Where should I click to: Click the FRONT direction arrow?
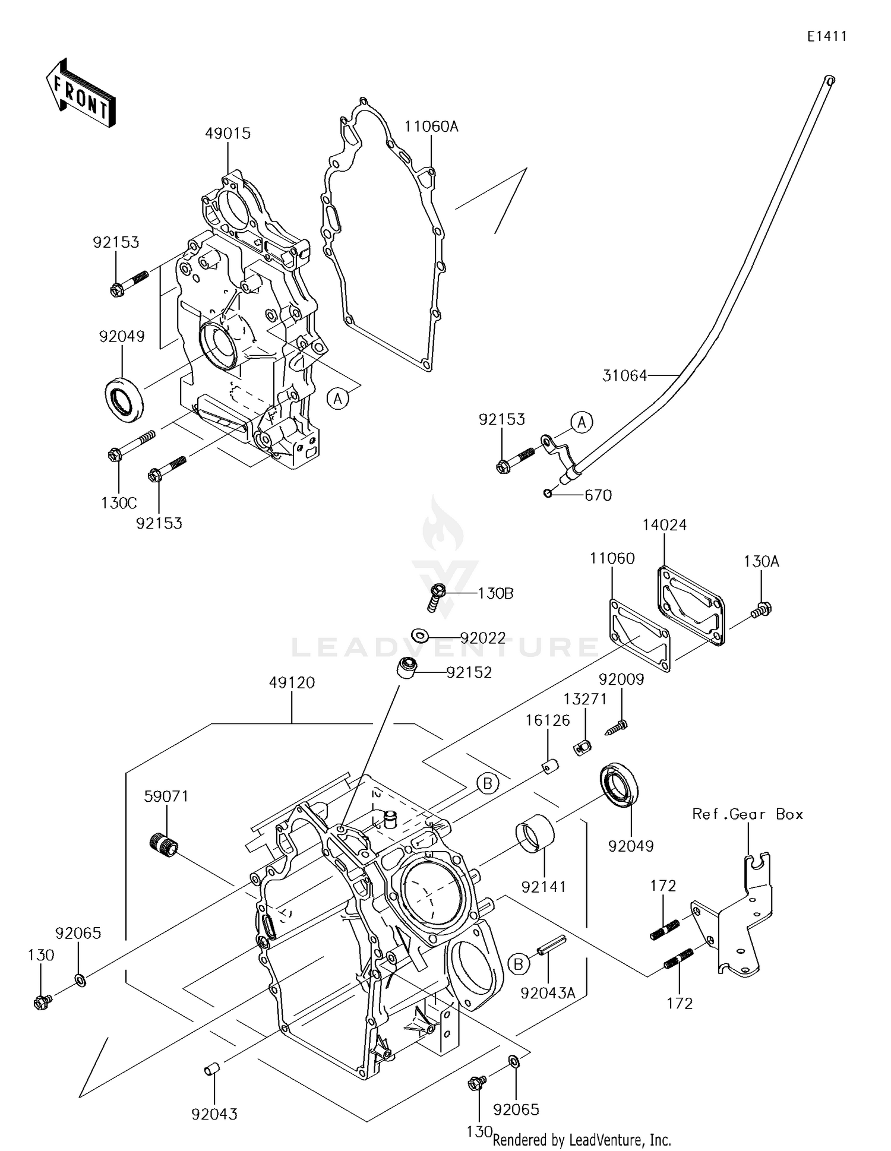point(80,93)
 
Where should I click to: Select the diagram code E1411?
point(826,37)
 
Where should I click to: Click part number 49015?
point(228,134)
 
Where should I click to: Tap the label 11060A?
point(432,127)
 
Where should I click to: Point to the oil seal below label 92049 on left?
point(124,399)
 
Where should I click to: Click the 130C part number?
point(119,503)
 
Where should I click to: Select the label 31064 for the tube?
point(624,375)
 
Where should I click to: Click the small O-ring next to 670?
point(548,494)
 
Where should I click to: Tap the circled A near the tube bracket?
point(582,422)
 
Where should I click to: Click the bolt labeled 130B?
point(437,597)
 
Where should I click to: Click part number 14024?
point(664,525)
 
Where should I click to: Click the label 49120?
point(292,683)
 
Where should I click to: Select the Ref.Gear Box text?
point(747,814)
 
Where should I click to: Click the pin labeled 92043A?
point(552,945)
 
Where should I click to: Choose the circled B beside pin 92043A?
point(518,965)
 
